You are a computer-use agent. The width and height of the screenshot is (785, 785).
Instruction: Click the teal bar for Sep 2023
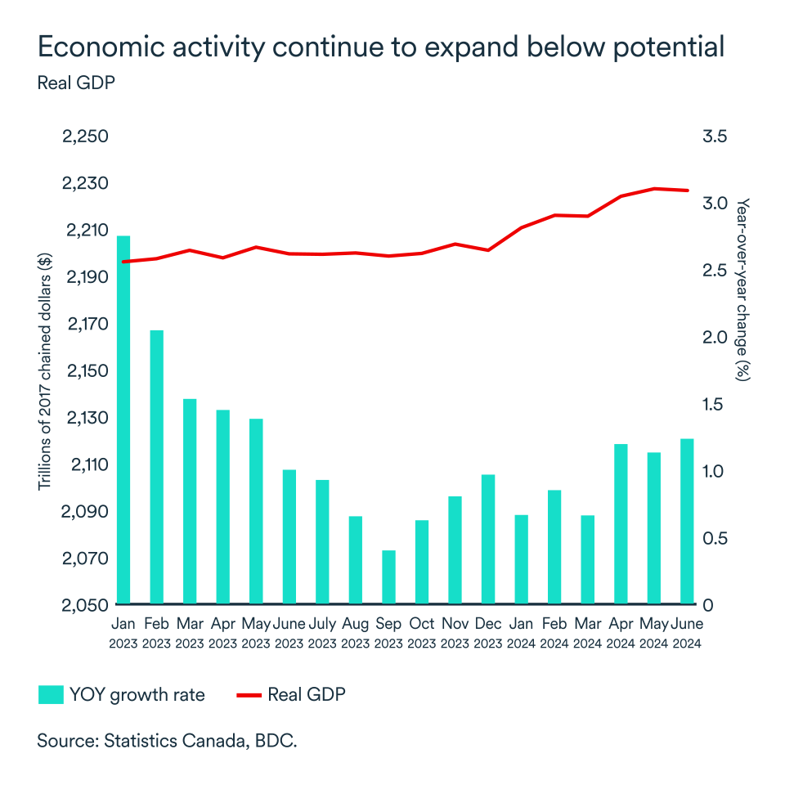pyautogui.click(x=389, y=577)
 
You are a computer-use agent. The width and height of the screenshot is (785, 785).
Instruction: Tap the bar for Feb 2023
pyautogui.click(x=157, y=467)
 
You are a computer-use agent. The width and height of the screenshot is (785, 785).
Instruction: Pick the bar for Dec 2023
pyautogui.click(x=488, y=539)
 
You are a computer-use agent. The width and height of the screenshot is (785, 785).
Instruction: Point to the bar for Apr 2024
pyautogui.click(x=621, y=524)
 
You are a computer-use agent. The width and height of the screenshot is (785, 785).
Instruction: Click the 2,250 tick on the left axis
pyautogui.click(x=85, y=136)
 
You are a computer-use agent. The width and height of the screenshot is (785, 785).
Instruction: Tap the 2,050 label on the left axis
pyautogui.click(x=85, y=605)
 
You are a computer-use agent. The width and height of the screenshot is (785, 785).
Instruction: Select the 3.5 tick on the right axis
pyautogui.click(x=715, y=136)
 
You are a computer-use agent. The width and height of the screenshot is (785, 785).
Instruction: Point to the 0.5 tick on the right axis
pyautogui.click(x=715, y=538)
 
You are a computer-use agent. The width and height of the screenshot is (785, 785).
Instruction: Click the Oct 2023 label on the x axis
pyautogui.click(x=422, y=633)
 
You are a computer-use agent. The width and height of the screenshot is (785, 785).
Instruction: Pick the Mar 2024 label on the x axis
pyautogui.click(x=588, y=633)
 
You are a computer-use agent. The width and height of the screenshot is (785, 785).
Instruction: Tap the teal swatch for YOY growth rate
pyautogui.click(x=51, y=695)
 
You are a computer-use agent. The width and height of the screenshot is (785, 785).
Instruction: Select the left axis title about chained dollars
pyautogui.click(x=45, y=370)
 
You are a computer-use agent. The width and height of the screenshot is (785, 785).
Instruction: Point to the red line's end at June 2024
pyautogui.click(x=688, y=191)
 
